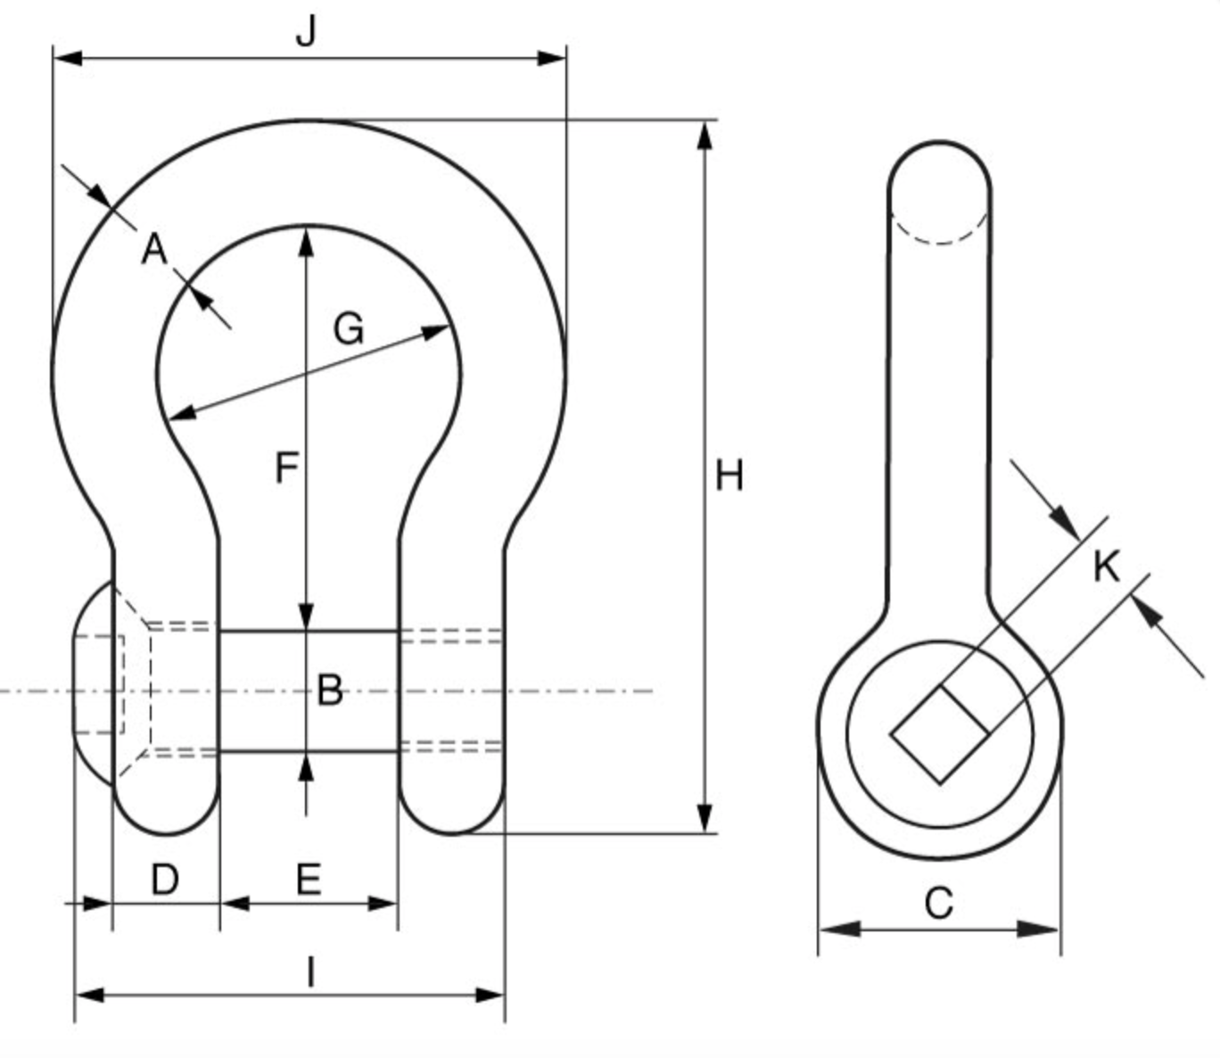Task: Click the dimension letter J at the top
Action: pos(306,32)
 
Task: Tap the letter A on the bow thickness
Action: pos(154,250)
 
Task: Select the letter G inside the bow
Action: pos(349,329)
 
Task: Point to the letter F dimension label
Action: pos(286,467)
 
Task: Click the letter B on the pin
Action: pos(329,690)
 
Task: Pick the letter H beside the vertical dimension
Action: pos(730,476)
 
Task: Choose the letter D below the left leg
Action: pos(165,880)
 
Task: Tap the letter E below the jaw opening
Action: pos(308,880)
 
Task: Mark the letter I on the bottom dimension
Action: pos(310,972)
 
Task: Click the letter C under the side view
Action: pos(939,903)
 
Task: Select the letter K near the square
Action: pos(1106,566)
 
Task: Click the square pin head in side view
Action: pos(940,734)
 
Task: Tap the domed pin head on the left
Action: pos(93,684)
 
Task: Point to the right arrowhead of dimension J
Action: pos(552,59)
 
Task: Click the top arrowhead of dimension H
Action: pos(705,135)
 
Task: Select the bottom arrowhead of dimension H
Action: pos(705,818)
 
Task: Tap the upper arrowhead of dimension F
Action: pos(307,242)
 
